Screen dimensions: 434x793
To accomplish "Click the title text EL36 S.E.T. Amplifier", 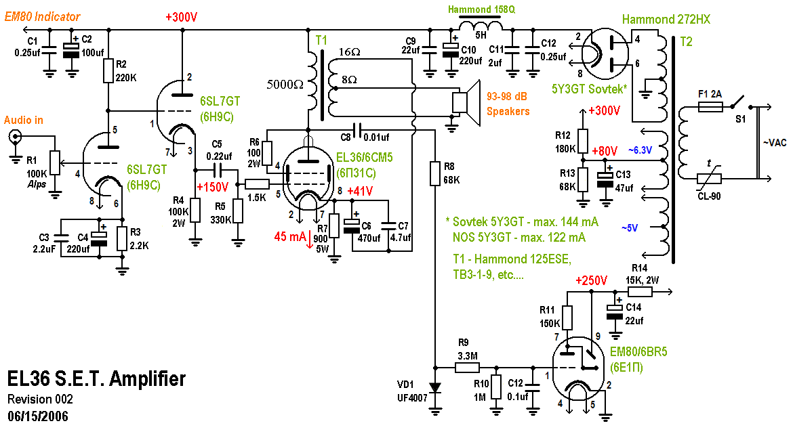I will [96, 378].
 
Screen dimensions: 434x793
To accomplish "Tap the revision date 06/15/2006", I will [38, 414].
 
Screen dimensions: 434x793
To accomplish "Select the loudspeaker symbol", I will [466, 103].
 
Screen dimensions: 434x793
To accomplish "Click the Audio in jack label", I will [24, 120].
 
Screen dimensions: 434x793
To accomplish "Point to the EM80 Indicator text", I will [42, 17].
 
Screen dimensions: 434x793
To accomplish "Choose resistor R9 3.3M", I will [467, 367].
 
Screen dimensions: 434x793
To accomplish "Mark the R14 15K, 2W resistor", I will [640, 292].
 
